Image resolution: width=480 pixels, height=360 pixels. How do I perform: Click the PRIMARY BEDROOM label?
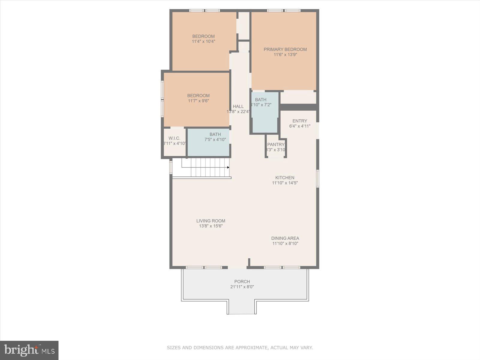pyautogui.click(x=285, y=49)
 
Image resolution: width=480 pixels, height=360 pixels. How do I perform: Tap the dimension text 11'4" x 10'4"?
pyautogui.click(x=203, y=42)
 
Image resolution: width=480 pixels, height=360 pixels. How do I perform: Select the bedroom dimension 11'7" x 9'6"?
pyautogui.click(x=198, y=101)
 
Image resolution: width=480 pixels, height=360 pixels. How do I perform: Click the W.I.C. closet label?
pyautogui.click(x=174, y=138)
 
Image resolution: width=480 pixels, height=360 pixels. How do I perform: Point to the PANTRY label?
pyautogui.click(x=276, y=145)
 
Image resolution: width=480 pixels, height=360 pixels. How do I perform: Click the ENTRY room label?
pyautogui.click(x=300, y=121)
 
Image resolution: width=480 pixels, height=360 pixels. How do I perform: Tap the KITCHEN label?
pyautogui.click(x=285, y=178)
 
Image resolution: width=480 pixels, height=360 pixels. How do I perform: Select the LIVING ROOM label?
pyautogui.click(x=211, y=221)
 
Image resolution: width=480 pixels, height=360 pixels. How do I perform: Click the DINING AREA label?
pyautogui.click(x=285, y=238)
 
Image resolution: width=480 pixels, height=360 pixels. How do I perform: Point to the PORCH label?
pyautogui.click(x=242, y=282)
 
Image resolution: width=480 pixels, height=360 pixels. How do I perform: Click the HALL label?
pyautogui.click(x=238, y=106)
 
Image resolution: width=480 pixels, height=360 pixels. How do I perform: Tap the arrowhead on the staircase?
pyautogui.click(x=228, y=167)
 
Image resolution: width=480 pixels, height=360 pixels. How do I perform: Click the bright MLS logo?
pyautogui.click(x=29, y=350)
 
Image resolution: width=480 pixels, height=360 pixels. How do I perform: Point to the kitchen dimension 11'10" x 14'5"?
pyautogui.click(x=285, y=183)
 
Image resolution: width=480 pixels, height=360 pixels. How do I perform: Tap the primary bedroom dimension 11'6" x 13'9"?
pyautogui.click(x=285, y=55)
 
